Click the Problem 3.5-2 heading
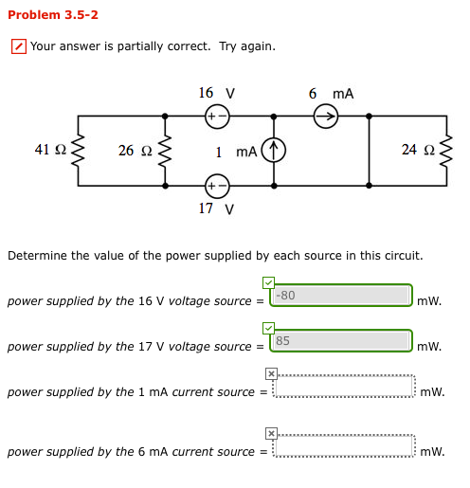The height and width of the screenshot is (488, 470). (52, 15)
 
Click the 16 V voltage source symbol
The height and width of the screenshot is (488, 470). (217, 117)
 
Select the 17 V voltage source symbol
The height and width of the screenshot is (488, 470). (217, 184)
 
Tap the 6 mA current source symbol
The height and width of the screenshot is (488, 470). (325, 117)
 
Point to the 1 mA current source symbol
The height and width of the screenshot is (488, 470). (274, 151)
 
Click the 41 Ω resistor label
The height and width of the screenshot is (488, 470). (49, 150)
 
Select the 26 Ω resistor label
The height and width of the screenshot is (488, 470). (134, 151)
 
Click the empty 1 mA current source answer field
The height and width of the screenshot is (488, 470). (344, 387)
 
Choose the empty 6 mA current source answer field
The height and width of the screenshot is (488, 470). (344, 446)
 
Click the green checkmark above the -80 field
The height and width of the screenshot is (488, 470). (268, 282)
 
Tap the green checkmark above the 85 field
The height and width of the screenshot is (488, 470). (268, 328)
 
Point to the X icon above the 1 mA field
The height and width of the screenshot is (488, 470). (270, 373)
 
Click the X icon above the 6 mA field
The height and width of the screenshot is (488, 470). (270, 433)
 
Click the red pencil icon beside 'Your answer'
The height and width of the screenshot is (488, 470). (18, 46)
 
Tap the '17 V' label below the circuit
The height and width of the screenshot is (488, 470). (216, 208)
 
